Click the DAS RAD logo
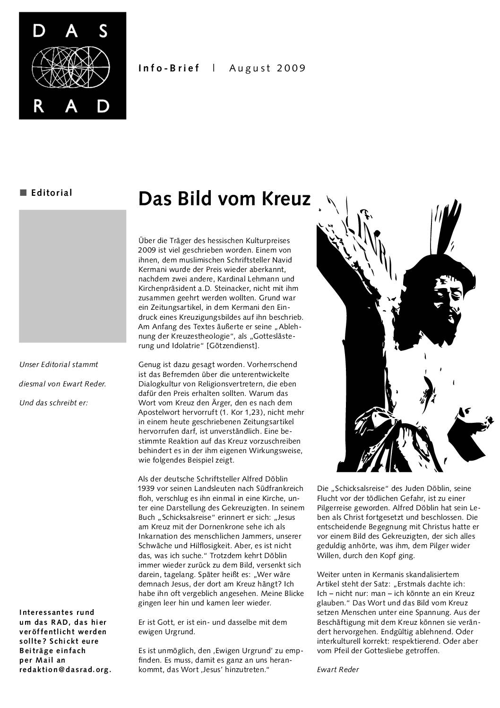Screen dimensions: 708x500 coord(72,66)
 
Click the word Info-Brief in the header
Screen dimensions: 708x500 coord(169,68)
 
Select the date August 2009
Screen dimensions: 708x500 coord(267,68)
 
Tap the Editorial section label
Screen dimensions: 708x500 coord(52,192)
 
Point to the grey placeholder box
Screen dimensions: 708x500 coord(72,276)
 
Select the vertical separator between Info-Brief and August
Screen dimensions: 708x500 coord(214,68)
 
